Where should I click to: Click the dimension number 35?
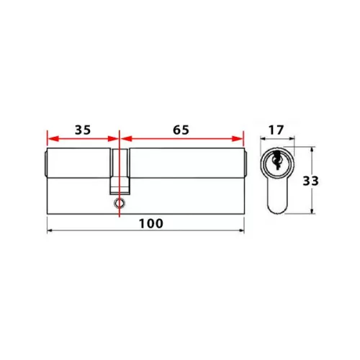coord(83,130)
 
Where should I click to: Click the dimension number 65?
coord(181,130)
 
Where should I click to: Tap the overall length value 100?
coord(151,223)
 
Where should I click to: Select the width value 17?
coord(276,130)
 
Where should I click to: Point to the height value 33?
coord(310,181)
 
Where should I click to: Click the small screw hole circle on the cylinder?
coord(120,203)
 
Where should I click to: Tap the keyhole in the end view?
coord(276,161)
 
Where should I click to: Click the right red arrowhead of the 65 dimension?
coord(238,139)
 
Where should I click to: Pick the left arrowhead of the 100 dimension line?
coord(50,230)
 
